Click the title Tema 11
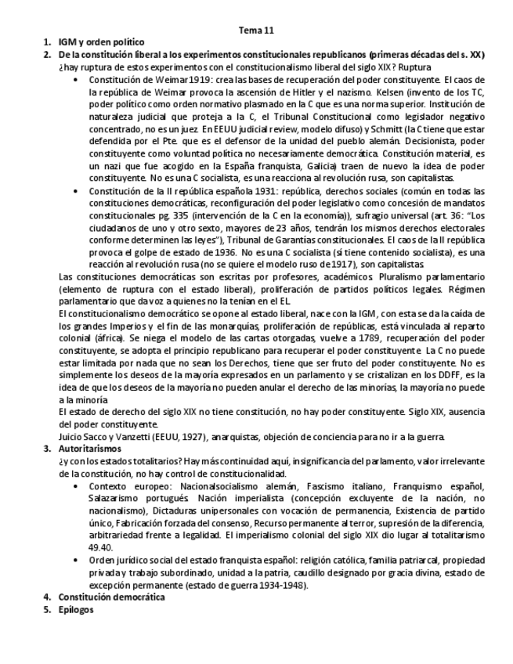[x=256, y=31]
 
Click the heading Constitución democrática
[x=112, y=597]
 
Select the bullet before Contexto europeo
[x=75, y=486]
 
